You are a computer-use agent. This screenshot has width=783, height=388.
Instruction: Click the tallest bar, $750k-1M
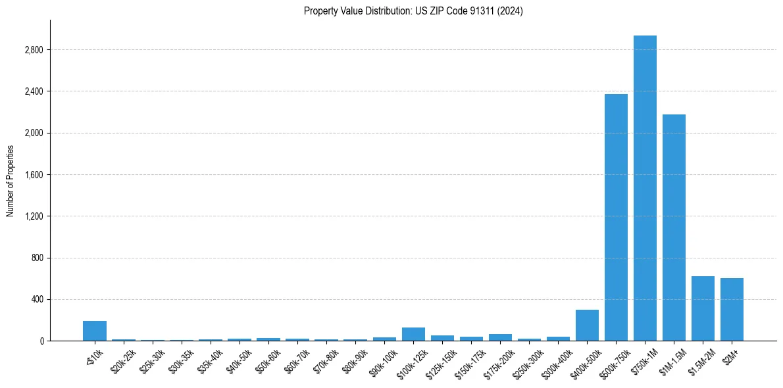pos(645,188)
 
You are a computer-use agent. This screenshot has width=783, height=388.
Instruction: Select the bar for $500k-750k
pos(616,217)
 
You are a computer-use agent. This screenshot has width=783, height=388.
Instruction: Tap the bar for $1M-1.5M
pos(674,228)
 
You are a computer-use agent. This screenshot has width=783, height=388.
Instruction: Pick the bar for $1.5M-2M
pos(703,308)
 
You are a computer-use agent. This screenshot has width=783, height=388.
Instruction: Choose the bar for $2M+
pos(732,309)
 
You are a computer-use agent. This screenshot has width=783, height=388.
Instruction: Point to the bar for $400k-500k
pos(587,325)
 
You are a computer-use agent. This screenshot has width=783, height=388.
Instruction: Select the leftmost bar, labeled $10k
pos(95,331)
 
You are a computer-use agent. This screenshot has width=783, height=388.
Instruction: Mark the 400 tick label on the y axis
pos(38,300)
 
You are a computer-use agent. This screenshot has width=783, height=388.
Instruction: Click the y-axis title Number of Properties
pos(11,181)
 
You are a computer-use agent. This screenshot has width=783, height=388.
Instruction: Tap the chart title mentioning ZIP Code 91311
pos(413,11)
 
